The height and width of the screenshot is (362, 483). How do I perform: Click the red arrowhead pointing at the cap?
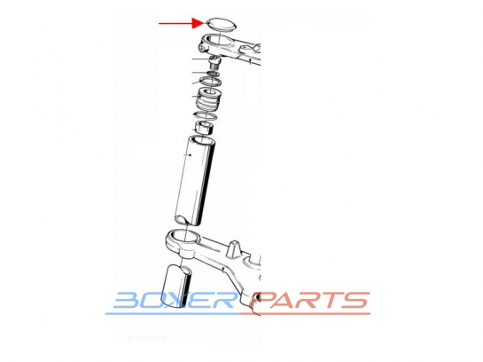[x=197, y=23]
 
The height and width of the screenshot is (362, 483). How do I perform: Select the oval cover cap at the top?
[x=222, y=24]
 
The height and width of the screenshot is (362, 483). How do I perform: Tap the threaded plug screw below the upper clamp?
[x=214, y=62]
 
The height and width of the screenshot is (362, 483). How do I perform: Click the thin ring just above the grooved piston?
[x=211, y=82]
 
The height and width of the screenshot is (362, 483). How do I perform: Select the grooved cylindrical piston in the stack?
[x=210, y=98]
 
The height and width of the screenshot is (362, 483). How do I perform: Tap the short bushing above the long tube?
[x=205, y=128]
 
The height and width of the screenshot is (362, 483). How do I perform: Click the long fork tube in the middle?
[x=195, y=180]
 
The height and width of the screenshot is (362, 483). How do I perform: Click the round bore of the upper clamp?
[x=219, y=41]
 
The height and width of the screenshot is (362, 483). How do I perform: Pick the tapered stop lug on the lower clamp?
[x=233, y=248]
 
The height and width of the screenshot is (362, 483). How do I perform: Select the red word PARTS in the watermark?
[x=309, y=300]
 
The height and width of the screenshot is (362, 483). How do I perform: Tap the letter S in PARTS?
[x=354, y=300]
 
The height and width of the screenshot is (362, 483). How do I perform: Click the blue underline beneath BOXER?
[x=173, y=313]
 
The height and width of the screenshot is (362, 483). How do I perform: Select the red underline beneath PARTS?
[x=305, y=313]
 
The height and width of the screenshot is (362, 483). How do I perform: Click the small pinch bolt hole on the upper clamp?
[x=202, y=49]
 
